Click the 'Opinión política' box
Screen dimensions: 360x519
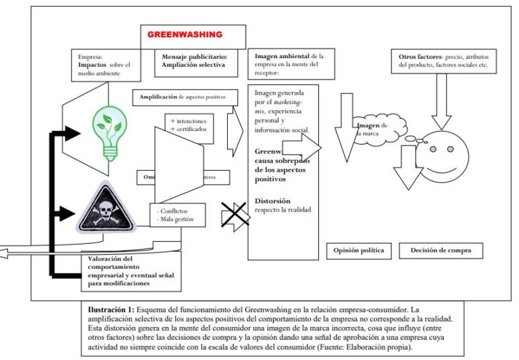tap(358, 251)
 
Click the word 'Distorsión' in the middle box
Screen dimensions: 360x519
tap(272, 201)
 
